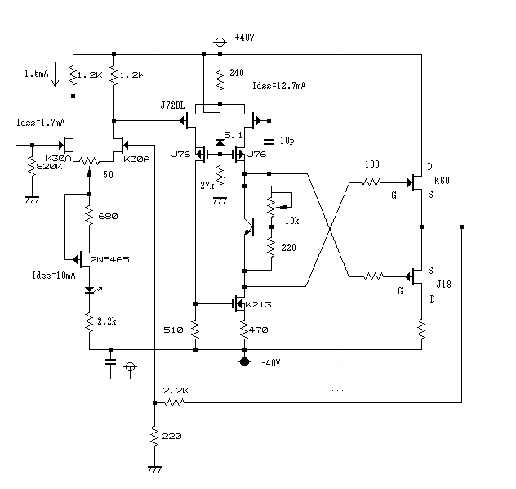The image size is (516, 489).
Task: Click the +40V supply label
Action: pyautogui.click(x=244, y=38)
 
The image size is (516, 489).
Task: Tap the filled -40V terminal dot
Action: pyautogui.click(x=244, y=361)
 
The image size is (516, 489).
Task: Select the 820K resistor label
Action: pyautogui.click(x=49, y=166)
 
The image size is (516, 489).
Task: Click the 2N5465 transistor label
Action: pyautogui.click(x=110, y=260)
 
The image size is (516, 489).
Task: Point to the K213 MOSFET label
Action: pyautogui.click(x=259, y=304)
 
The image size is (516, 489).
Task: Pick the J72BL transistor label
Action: pyautogui.click(x=172, y=105)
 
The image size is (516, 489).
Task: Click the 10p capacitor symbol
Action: pyautogui.click(x=269, y=141)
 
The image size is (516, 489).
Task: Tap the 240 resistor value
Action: pyautogui.click(x=237, y=72)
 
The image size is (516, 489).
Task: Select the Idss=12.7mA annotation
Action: pyautogui.click(x=279, y=86)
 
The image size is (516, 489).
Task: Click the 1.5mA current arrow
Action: pyautogui.click(x=56, y=74)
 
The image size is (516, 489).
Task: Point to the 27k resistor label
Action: pyautogui.click(x=207, y=186)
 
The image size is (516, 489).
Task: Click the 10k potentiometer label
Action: pyautogui.click(x=292, y=221)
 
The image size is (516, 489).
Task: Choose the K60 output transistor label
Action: pyautogui.click(x=442, y=180)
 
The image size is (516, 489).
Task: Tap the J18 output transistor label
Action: pyautogui.click(x=443, y=284)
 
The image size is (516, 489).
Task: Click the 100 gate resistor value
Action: pyautogui.click(x=372, y=164)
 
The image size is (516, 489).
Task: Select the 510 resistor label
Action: pyautogui.click(x=173, y=330)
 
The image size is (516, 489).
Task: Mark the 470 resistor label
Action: pyautogui.click(x=258, y=330)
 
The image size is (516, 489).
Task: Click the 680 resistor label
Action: pyautogui.click(x=108, y=216)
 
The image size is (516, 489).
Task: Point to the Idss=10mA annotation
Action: pyautogui.click(x=54, y=275)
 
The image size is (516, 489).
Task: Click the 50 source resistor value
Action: pyautogui.click(x=108, y=175)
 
